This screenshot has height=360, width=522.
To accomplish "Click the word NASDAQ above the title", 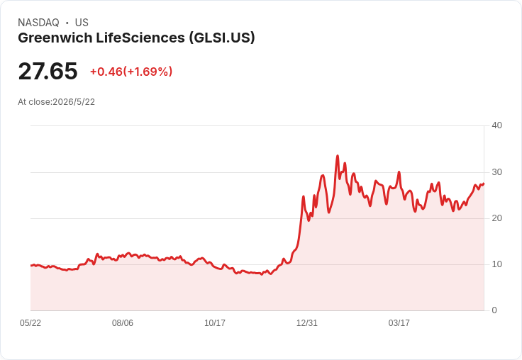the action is click(x=38, y=23).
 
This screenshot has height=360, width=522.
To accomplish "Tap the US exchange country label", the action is click(x=82, y=23).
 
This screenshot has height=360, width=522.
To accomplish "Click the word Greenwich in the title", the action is click(x=55, y=38).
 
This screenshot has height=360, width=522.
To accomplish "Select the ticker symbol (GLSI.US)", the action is click(x=222, y=38).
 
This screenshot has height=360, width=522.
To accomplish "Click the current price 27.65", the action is click(x=48, y=71).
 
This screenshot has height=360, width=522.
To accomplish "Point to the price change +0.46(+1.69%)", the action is click(x=131, y=72).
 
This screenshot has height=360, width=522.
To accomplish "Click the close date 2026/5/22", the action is click(x=74, y=102).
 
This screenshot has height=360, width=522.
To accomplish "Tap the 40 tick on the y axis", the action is click(x=496, y=125).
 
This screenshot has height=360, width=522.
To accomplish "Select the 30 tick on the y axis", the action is click(x=496, y=172).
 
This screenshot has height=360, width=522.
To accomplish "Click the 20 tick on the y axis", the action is click(x=496, y=218).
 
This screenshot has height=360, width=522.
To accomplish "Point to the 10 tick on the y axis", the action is click(x=496, y=264).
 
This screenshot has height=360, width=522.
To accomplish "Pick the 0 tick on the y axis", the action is click(x=494, y=310).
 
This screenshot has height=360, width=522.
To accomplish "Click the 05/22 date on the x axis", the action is click(x=30, y=323).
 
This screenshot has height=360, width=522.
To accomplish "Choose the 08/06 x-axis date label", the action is click(x=123, y=323).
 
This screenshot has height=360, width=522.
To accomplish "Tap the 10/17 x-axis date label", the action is click(x=215, y=323).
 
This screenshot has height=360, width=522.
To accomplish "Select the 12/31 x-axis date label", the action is click(x=307, y=323).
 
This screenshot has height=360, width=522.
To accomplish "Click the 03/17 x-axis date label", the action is click(x=399, y=323).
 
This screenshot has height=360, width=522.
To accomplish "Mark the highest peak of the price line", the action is click(x=338, y=155).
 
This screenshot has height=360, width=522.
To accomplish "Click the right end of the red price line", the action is click(x=484, y=184).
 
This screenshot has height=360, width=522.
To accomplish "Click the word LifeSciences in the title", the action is click(x=140, y=38).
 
